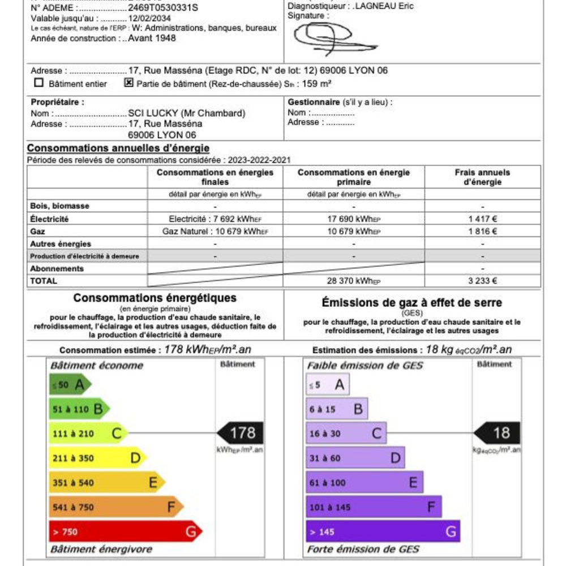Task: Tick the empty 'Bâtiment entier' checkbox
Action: click(x=39, y=83)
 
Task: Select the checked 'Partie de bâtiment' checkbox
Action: click(x=128, y=83)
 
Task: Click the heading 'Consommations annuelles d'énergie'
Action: click(x=118, y=148)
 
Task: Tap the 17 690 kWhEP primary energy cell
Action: click(x=354, y=219)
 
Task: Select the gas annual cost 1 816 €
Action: click(x=482, y=231)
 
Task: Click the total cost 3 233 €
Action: click(x=482, y=281)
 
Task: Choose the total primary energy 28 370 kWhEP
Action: click(x=354, y=281)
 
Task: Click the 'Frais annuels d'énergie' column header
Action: click(x=482, y=177)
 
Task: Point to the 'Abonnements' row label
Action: click(x=57, y=269)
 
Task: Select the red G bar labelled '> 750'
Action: click(x=125, y=532)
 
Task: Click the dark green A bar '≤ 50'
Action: click(x=70, y=385)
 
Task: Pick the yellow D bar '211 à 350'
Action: click(x=96, y=458)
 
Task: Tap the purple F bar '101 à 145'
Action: click(x=374, y=507)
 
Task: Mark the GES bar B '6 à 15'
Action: click(x=337, y=409)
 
